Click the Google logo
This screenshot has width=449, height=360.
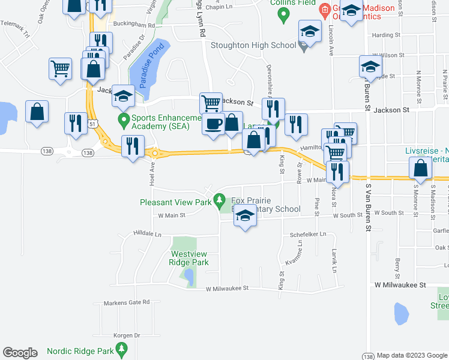pyautogui.click(x=20, y=353)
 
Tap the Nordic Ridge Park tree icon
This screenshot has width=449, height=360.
pyautogui.click(x=122, y=348)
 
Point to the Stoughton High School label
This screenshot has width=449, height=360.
pyautogui.click(x=253, y=44)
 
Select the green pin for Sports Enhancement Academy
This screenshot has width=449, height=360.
pyautogui.click(x=124, y=119)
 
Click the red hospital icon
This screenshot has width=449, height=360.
pyautogui.click(x=324, y=9)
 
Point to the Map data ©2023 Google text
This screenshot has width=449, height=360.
pyautogui.click(x=412, y=355)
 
